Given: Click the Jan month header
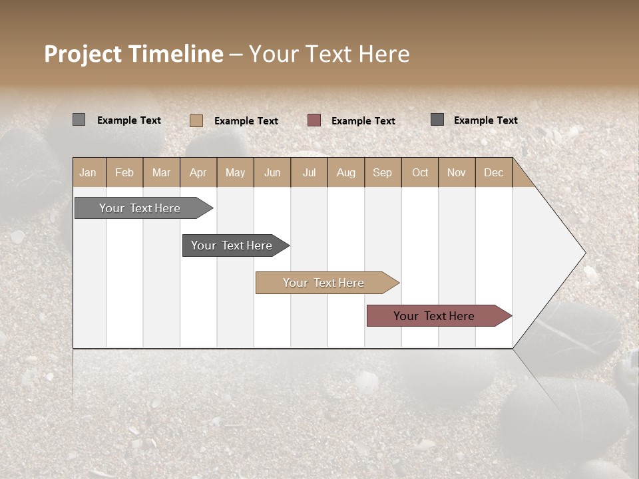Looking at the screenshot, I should (88, 172).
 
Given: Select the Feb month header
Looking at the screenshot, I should (124, 172).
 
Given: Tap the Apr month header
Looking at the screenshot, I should (198, 172).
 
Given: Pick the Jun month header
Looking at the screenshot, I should (272, 172).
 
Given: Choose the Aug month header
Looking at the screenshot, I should (345, 172).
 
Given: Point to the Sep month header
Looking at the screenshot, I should (382, 172).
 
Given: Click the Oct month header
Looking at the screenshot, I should (420, 172).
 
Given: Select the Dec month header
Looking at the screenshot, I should (493, 172).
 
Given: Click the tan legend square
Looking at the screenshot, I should (196, 120).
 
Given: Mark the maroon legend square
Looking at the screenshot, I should (314, 120).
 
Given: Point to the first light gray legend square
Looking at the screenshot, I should (79, 120).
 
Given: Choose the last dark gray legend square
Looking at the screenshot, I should (437, 120).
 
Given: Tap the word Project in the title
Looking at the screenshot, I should (83, 54).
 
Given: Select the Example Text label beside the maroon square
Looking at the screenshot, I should (363, 121).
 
